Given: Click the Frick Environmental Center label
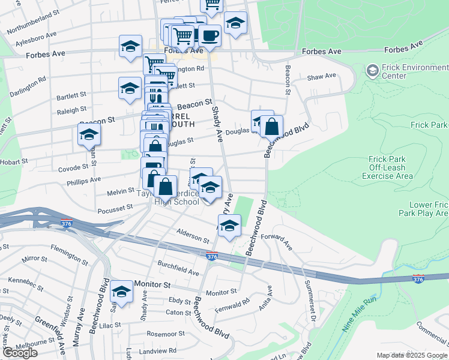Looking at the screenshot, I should [x=414, y=71].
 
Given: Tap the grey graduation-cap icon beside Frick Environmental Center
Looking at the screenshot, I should [x=372, y=71].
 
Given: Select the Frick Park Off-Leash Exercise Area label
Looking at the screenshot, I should [x=387, y=167].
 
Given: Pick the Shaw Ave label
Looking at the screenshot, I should [x=322, y=76].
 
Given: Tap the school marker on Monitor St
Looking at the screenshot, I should [x=122, y=292].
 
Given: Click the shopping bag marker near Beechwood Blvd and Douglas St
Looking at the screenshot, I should [x=272, y=127].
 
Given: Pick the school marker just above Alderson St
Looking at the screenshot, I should [x=229, y=226].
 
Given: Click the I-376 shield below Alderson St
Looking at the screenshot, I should [x=212, y=256].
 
